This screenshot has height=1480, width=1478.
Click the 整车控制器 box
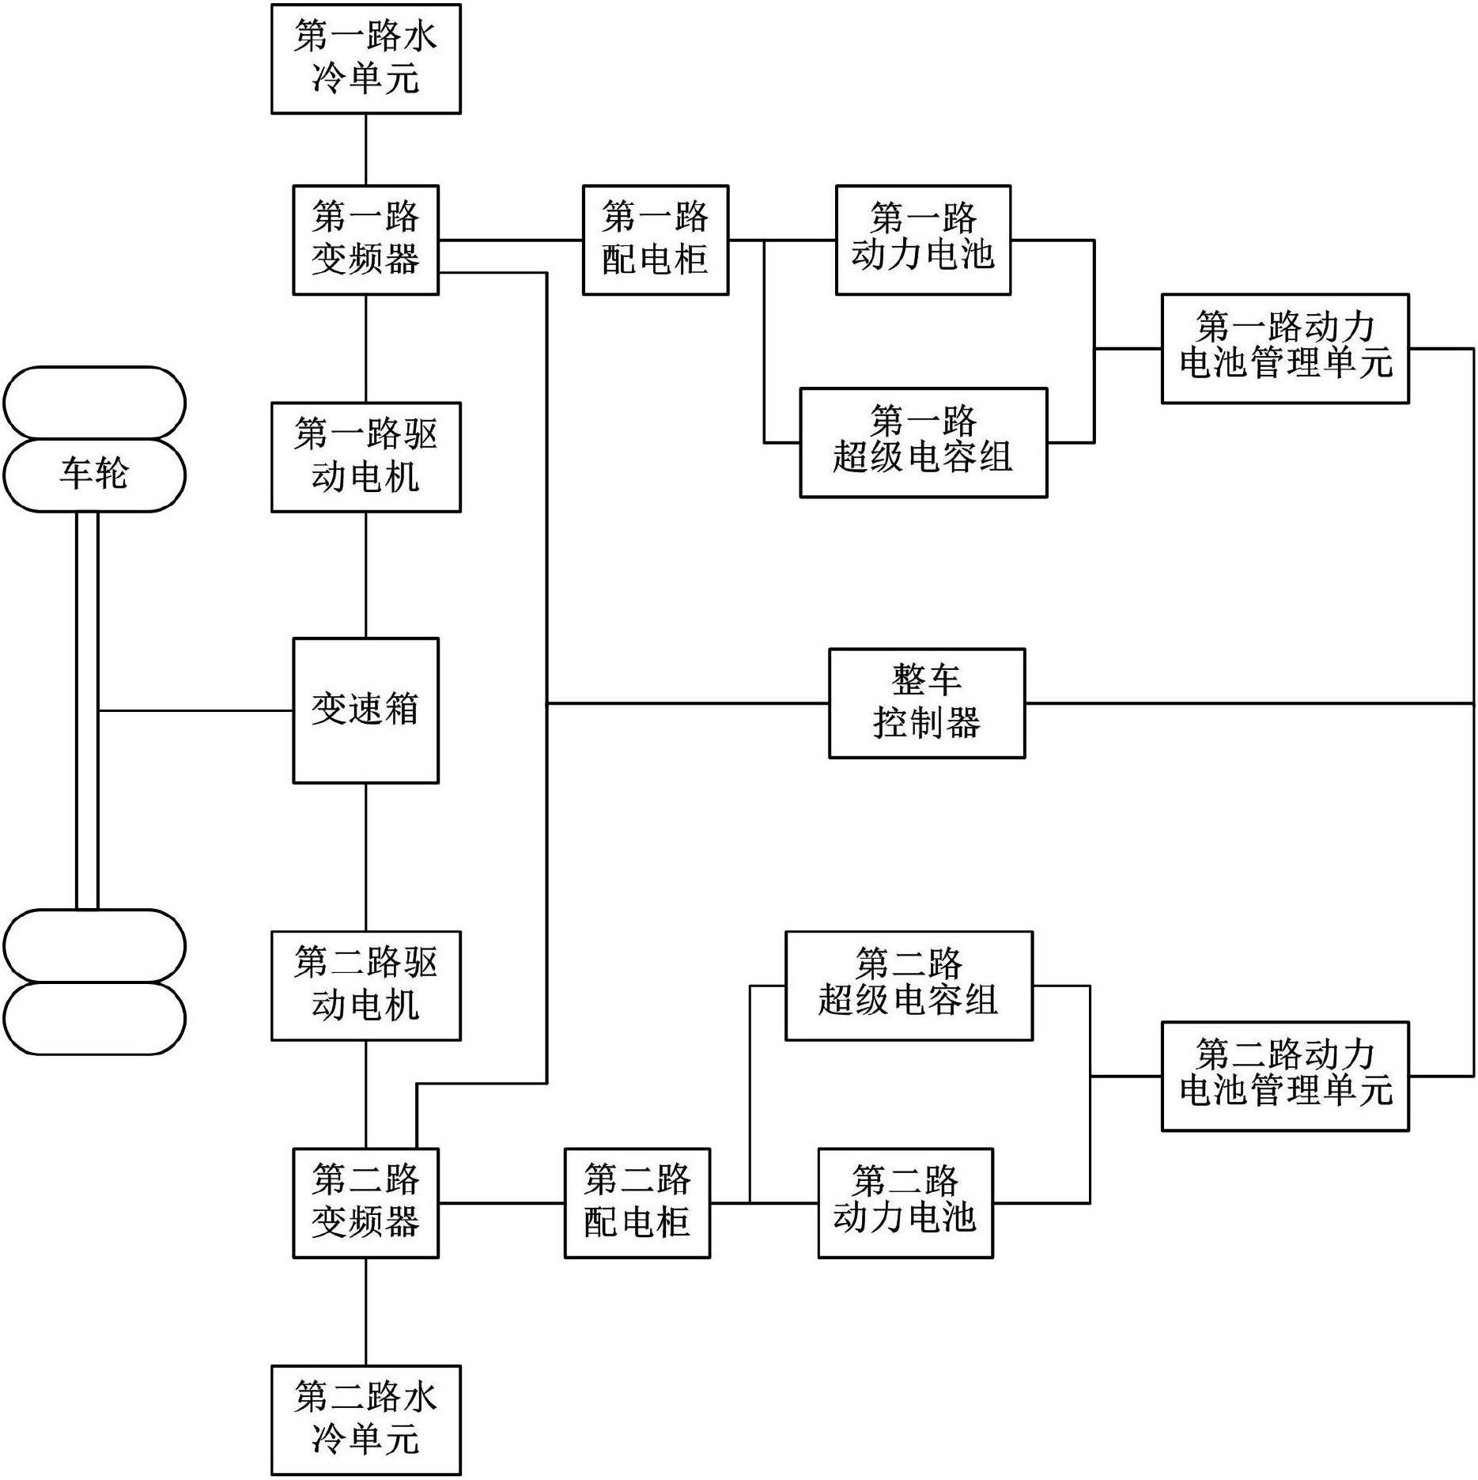pyautogui.click(x=926, y=703)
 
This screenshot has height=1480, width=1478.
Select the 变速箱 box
pyautogui.click(x=365, y=710)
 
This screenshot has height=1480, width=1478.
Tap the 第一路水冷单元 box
pyautogui.click(x=365, y=59)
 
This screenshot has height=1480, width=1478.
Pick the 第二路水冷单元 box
pyautogui.click(x=365, y=1420)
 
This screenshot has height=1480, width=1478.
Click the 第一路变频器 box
pyautogui.click(x=365, y=240)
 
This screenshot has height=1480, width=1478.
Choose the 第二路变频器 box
pyautogui.click(x=365, y=1202)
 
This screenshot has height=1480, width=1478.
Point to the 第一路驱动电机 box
pyautogui.click(x=365, y=457)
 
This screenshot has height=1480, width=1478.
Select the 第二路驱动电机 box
pyautogui.click(x=365, y=985)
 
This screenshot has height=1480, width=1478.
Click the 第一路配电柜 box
pyautogui.click(x=655, y=240)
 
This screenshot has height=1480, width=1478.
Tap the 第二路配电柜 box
pyautogui.click(x=637, y=1202)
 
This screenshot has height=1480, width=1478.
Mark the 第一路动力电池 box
pyautogui.click(x=923, y=240)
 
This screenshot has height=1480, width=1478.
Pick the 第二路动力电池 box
pyautogui.click(x=905, y=1202)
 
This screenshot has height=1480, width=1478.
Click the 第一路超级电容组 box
pyautogui.click(x=923, y=442)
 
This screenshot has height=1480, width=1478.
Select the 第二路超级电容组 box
pyautogui.click(x=908, y=985)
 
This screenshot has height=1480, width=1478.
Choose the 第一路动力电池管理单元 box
pyautogui.click(x=1284, y=348)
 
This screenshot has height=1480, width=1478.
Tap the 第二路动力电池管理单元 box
pyautogui.click(x=1284, y=1076)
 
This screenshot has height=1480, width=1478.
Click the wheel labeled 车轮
pyautogui.click(x=94, y=475)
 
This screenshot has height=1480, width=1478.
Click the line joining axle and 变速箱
pyautogui.click(x=195, y=710)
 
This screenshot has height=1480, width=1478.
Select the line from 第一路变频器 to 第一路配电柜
pyautogui.click(x=510, y=240)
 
